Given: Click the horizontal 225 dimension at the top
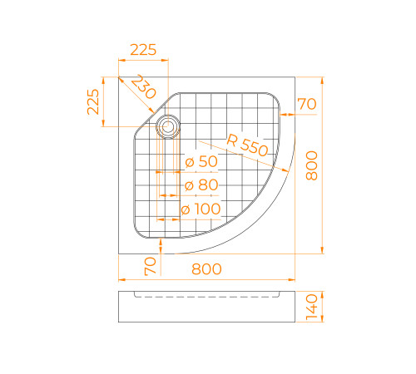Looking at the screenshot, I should click(x=143, y=50).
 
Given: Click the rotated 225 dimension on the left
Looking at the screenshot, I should click(x=93, y=101).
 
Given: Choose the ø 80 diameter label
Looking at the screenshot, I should click(x=201, y=185).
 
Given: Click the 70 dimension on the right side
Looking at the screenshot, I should click(x=306, y=104).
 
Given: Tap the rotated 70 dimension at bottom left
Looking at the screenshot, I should click(x=151, y=267).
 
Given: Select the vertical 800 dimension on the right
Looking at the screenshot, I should click(x=311, y=170).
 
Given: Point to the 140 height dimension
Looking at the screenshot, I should click(x=312, y=307).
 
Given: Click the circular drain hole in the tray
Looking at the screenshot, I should click(x=169, y=127).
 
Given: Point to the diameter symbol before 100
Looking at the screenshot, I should click(x=186, y=209).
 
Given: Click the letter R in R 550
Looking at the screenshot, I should click(x=230, y=139).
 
